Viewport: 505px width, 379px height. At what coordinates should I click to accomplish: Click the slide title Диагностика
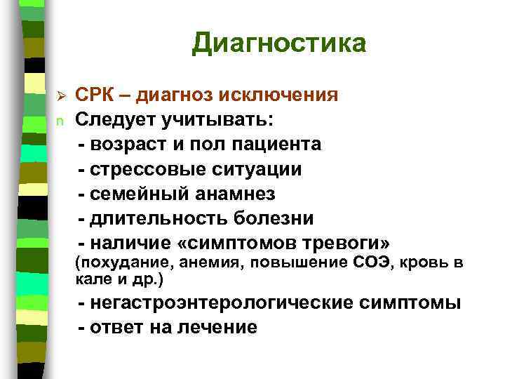click(279, 44)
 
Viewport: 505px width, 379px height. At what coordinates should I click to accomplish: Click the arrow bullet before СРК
click(60, 95)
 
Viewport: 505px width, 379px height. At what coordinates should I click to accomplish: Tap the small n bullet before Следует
click(60, 121)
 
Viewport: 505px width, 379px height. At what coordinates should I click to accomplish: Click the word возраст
click(128, 145)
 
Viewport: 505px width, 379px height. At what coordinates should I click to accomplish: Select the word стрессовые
click(144, 170)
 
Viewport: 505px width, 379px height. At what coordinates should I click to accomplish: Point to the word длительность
click(153, 218)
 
